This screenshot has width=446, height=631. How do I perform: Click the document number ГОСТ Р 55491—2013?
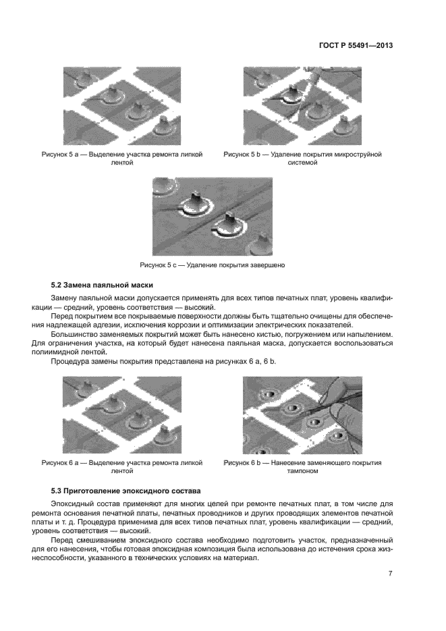(x=355, y=46)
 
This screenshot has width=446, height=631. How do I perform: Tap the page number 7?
(x=391, y=574)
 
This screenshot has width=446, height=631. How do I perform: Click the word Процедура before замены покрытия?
(x=69, y=362)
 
